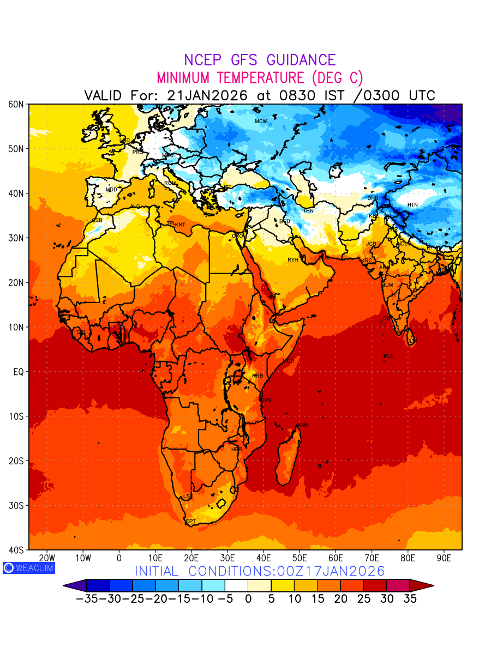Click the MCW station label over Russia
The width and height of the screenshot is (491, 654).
pos(261,121)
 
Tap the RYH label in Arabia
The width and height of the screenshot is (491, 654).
pos(293,260)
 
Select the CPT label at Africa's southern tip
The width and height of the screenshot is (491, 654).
pos(190,522)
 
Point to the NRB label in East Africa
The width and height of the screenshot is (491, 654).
pos(258,376)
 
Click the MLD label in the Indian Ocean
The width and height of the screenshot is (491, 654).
pos(388,356)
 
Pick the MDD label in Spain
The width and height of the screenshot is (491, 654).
pos(111,190)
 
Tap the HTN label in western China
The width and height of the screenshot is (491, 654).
pos(412,205)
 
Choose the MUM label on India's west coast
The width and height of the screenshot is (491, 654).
pos(387,285)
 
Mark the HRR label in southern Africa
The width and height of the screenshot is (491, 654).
pos(236,450)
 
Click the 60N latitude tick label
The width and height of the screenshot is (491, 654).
pos(15,104)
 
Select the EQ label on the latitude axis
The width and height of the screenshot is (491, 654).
pos(18,372)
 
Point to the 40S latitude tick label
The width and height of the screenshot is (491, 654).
pos(15,550)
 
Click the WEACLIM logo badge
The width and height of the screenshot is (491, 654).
pos(29,567)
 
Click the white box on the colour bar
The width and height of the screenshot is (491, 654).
pos(236,586)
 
